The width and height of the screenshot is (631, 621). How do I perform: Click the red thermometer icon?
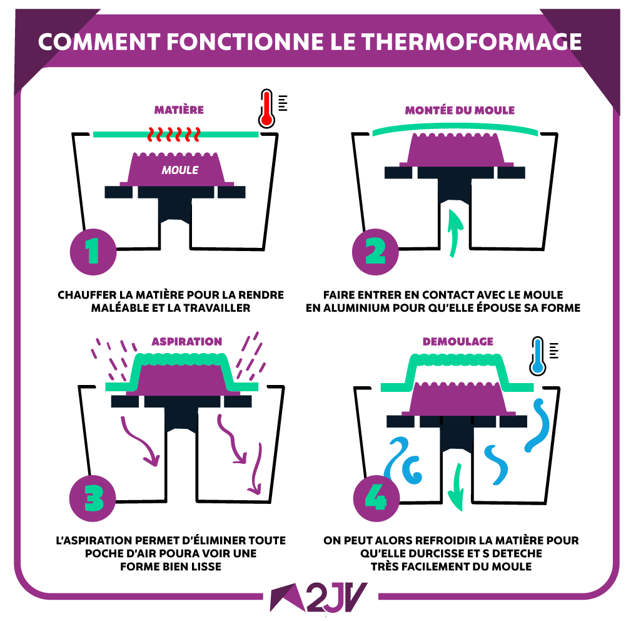pyautogui.click(x=266, y=108)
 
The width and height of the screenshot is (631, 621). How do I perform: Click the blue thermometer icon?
pyautogui.click(x=537, y=356)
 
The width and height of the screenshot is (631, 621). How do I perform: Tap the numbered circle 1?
pyautogui.click(x=93, y=252)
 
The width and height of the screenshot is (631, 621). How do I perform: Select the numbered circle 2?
pyautogui.click(x=375, y=252)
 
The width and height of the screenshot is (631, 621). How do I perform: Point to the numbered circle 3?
pyautogui.click(x=93, y=498)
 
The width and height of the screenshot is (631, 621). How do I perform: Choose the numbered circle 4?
pyautogui.click(x=376, y=498)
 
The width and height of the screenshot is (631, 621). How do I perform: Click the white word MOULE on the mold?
pyautogui.click(x=180, y=170)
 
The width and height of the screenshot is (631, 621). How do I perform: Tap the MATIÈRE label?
pyautogui.click(x=179, y=110)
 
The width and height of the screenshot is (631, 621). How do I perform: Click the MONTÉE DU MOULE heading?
pyautogui.click(x=460, y=110)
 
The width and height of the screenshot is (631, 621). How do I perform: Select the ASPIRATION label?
pyautogui.click(x=187, y=342)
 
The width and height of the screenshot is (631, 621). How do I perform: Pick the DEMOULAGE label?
pyautogui.click(x=458, y=342)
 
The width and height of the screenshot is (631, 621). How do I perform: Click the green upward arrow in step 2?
pyautogui.click(x=455, y=232)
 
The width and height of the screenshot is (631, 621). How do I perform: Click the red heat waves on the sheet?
pyautogui.click(x=174, y=135)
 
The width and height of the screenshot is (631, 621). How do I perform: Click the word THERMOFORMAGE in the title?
pyautogui.click(x=472, y=41)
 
